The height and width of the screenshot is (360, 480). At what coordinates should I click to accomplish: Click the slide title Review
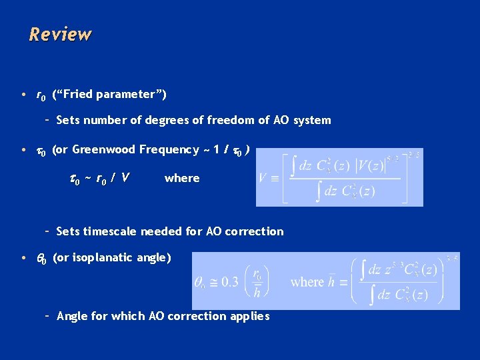pyautogui.click(x=60, y=34)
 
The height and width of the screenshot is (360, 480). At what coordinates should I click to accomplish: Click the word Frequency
pyautogui.click(x=169, y=149)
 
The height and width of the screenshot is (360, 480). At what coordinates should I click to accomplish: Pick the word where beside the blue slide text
pyautogui.click(x=182, y=178)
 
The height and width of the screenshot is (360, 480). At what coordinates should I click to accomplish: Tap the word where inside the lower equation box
pyautogui.click(x=307, y=281)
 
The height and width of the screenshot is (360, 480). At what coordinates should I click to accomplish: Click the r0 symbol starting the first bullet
pyautogui.click(x=40, y=95)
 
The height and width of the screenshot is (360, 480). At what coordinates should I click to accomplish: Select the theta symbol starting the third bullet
pyautogui.click(x=41, y=258)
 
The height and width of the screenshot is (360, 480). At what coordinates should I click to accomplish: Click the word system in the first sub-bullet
pyautogui.click(x=312, y=121)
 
